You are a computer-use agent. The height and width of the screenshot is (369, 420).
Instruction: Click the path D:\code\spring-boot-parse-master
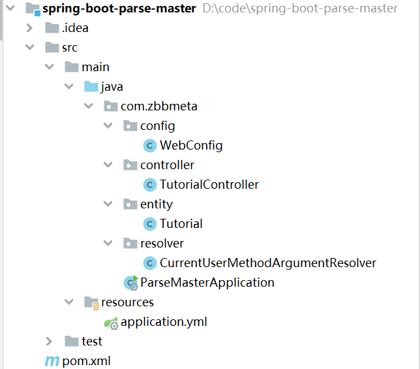click(x=300, y=8)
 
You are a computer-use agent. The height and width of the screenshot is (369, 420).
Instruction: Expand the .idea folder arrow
click(x=29, y=28)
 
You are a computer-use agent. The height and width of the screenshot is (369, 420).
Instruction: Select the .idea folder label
click(x=74, y=28)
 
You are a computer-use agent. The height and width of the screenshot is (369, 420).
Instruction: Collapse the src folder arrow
click(x=29, y=48)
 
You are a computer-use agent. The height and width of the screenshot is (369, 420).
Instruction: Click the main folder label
click(x=95, y=67)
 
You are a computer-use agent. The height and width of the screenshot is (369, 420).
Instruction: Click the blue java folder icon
click(x=91, y=87)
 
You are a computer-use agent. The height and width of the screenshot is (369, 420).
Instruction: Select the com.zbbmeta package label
click(x=158, y=106)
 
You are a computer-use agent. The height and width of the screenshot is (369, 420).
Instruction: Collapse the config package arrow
click(x=108, y=126)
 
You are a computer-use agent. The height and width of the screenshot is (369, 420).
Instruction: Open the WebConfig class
click(x=191, y=146)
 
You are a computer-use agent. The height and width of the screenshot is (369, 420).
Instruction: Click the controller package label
click(x=167, y=165)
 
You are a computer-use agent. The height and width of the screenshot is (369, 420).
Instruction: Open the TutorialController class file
click(x=209, y=185)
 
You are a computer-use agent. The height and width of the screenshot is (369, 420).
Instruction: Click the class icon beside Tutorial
click(x=149, y=224)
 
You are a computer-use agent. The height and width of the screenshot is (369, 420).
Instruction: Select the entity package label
click(x=157, y=204)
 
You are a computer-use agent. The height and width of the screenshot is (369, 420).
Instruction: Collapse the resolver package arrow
click(x=108, y=244)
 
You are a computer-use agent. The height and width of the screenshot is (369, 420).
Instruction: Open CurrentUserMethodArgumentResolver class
click(x=267, y=263)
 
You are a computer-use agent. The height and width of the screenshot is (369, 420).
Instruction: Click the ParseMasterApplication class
click(x=207, y=283)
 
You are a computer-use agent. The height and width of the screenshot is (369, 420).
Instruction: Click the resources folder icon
click(x=91, y=302)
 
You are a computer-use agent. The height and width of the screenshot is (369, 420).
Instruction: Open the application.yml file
click(x=164, y=322)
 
